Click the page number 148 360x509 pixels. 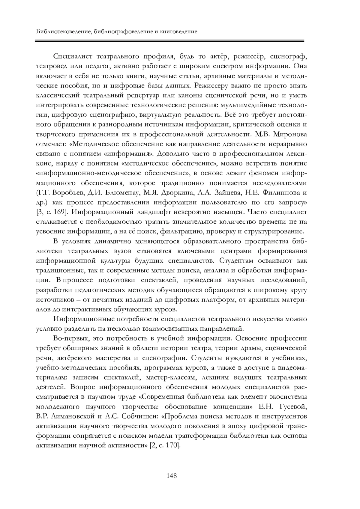(171, 476)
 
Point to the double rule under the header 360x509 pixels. (170, 40)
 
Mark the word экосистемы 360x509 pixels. (288, 397)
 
